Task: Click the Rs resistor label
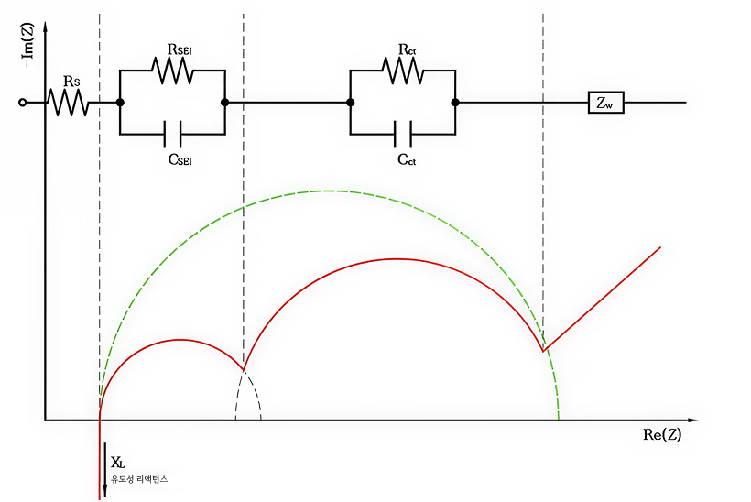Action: pos(71,82)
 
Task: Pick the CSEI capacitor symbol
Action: pos(173,134)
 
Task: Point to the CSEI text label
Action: pos(180,159)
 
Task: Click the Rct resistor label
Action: pos(407,49)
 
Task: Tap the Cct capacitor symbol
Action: pos(403,134)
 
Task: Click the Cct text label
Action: pos(407,159)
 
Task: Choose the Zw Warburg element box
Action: pos(605,103)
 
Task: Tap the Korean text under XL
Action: pos(139,479)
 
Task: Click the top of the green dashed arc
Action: pos(329,191)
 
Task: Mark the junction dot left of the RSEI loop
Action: pos(121,103)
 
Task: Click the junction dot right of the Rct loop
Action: pos(455,103)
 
